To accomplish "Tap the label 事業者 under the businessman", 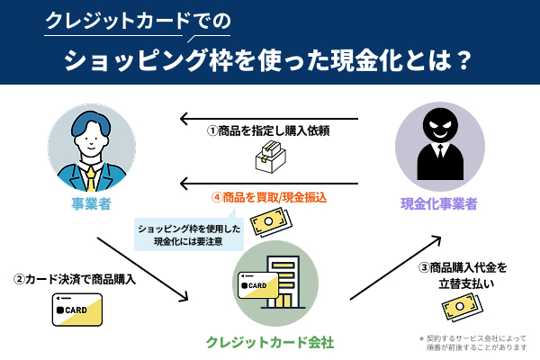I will pos(91,203).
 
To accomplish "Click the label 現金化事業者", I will pos(438,203).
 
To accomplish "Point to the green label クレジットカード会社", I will pos(270,342).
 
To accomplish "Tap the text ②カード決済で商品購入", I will pos(76,279).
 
